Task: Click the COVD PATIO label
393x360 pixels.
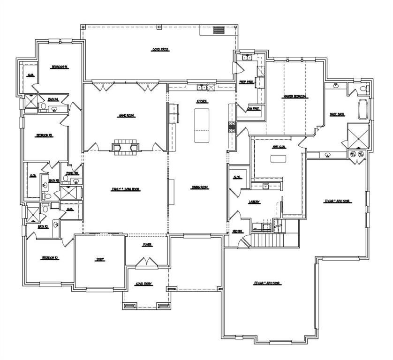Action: coord(160,49)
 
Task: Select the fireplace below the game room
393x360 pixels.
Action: coord(125,147)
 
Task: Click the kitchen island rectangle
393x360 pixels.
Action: coord(202,125)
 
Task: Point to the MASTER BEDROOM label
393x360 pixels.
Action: coord(295,97)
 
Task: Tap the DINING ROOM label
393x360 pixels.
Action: coord(200,187)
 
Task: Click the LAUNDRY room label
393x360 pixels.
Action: coord(255,202)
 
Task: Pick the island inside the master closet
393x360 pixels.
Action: coord(278,158)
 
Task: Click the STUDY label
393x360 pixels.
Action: coord(100,259)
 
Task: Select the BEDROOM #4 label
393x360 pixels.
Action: coord(60,67)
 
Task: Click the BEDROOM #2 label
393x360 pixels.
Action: coord(49,258)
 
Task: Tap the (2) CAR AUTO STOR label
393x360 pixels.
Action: coord(267,283)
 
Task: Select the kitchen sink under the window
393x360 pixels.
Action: coord(202,87)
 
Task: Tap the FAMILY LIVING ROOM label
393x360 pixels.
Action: coord(125,189)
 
